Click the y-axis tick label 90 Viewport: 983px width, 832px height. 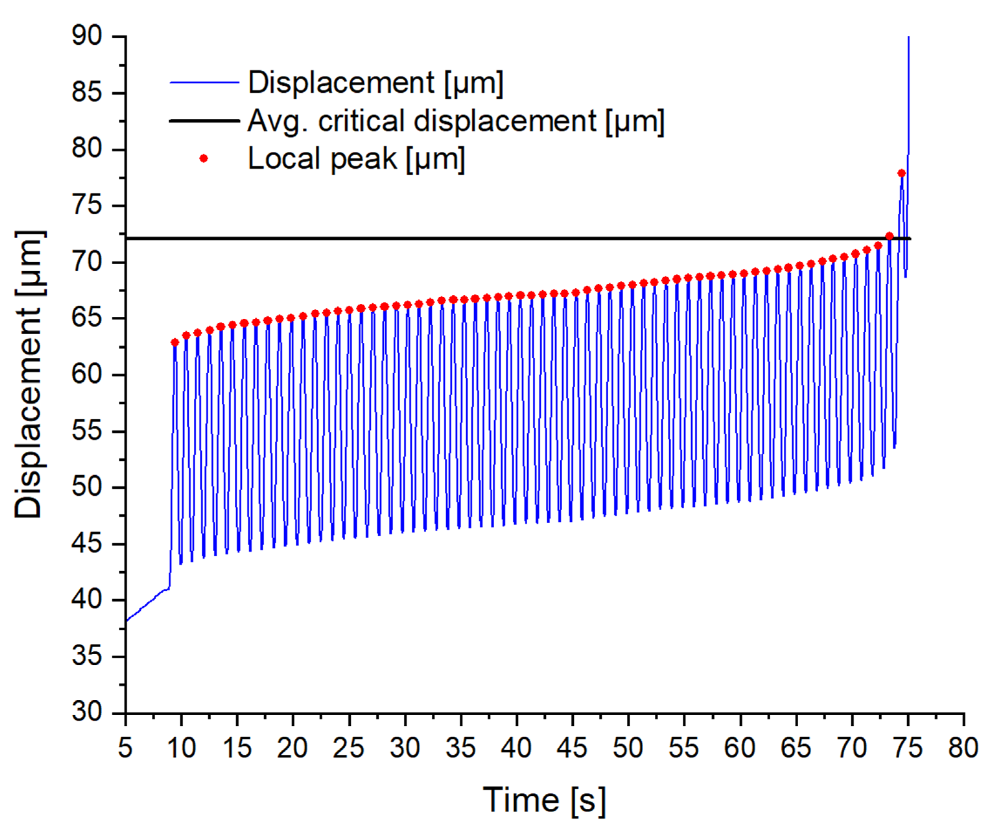87,36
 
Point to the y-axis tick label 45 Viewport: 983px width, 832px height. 87,544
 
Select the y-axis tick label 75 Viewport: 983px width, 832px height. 87,206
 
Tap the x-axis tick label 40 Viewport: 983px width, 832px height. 516,749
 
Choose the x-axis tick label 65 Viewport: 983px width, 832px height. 796,749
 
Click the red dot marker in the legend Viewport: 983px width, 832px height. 204,159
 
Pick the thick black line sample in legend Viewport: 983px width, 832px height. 204,121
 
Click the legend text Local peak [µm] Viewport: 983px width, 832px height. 356,159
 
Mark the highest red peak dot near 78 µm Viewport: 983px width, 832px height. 901,173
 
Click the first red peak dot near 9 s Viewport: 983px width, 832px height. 175,342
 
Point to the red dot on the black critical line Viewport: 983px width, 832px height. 889,236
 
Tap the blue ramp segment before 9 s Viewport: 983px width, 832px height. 146,605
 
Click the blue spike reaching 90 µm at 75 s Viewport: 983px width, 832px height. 908,94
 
